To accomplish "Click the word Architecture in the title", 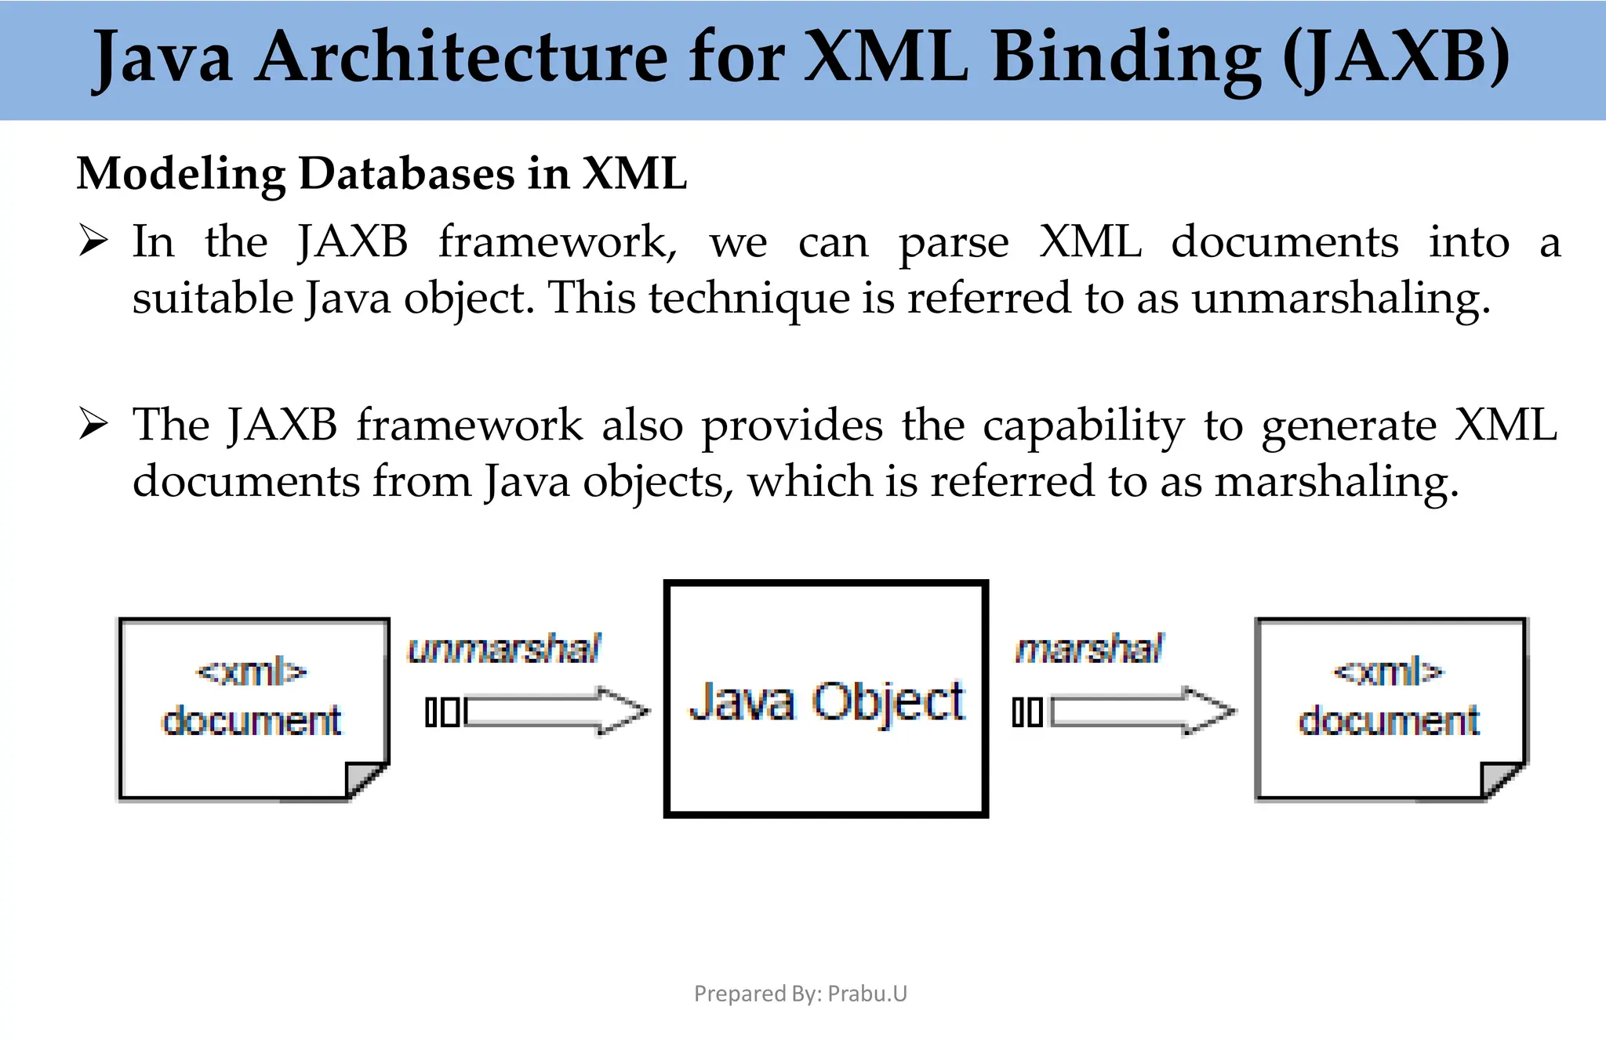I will click(461, 56).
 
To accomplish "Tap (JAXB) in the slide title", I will click(1395, 56).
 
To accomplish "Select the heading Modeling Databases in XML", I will click(382, 173).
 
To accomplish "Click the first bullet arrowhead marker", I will click(93, 241).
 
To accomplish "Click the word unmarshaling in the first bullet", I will click(1340, 299).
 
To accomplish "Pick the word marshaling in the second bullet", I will click(1336, 481).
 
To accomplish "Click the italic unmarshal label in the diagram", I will click(504, 649).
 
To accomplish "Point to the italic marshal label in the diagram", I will click(1089, 649).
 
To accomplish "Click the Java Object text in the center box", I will click(827, 701).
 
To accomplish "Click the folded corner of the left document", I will click(365, 780).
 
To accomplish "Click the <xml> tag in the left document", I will click(251, 672).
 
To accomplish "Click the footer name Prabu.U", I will click(867, 994).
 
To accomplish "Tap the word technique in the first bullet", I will click(748, 299).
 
